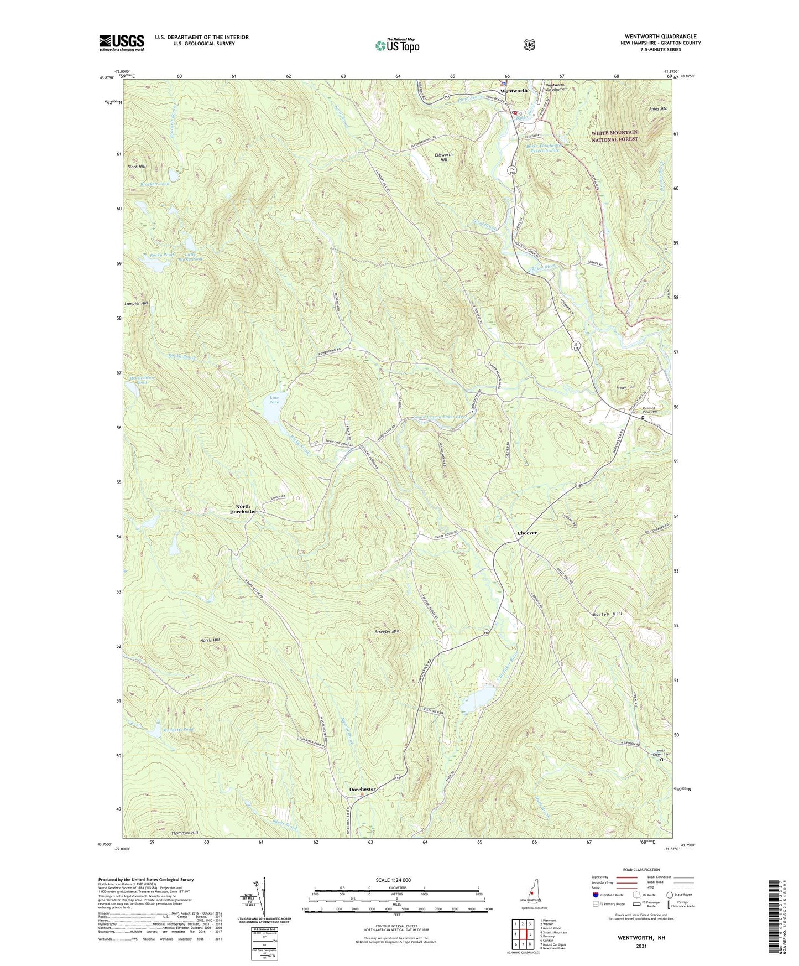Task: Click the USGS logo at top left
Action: coord(122,43)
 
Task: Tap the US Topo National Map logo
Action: coord(396,45)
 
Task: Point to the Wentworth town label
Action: coord(514,90)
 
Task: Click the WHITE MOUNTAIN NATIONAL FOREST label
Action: coord(614,136)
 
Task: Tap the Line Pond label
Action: coord(274,399)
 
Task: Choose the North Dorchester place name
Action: coord(243,509)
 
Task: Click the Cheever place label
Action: coord(527,533)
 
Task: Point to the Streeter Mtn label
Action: coord(387,631)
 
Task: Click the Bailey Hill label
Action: coord(607,614)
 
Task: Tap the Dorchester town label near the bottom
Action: coord(362,789)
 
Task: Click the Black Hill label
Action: coord(137,167)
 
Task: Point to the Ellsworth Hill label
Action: coord(443,157)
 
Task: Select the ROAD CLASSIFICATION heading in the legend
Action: coord(641,870)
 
